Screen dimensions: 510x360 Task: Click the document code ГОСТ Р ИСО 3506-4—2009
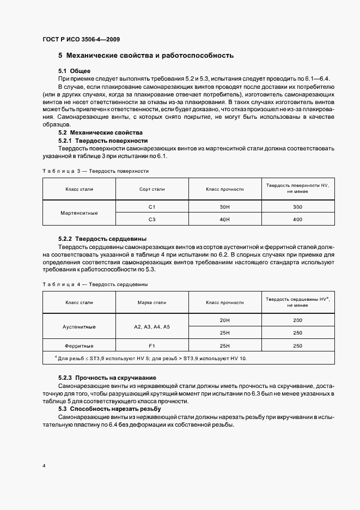click(81, 40)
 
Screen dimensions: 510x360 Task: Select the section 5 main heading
click(146, 55)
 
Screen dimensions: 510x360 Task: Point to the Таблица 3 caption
click(95, 171)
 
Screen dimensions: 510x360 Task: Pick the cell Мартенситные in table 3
click(79, 212)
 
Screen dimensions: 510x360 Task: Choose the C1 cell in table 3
click(152, 207)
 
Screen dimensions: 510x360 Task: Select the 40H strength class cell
click(224, 219)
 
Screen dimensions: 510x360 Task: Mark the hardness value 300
click(297, 207)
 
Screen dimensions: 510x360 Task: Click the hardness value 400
click(297, 219)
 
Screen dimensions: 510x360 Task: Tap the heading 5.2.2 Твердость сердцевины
click(102, 239)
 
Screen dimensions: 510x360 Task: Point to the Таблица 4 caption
click(95, 284)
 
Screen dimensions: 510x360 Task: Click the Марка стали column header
click(152, 302)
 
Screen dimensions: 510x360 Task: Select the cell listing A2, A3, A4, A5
click(152, 326)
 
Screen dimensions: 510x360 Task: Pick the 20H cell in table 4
click(224, 320)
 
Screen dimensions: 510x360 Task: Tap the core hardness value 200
click(297, 320)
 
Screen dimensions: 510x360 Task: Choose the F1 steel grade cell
click(152, 345)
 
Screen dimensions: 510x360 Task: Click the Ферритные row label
click(79, 345)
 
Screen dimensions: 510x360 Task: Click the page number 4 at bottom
click(44, 466)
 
